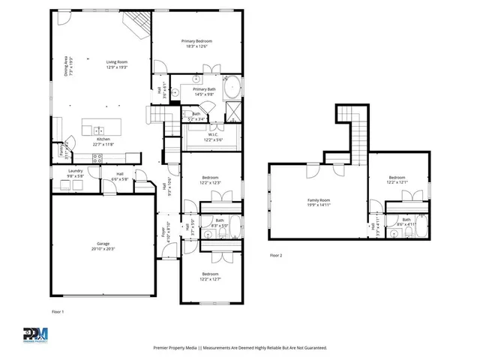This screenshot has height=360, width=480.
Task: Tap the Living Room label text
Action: point(116,63)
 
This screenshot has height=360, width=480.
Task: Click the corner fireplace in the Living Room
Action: point(137,23)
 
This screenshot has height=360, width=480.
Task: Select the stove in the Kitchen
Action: point(97,157)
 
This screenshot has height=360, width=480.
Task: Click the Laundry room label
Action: point(75,171)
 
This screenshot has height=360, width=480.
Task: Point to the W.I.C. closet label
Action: point(213,135)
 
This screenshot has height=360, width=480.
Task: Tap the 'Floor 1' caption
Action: point(58,310)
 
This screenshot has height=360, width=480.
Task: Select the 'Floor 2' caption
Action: point(276,256)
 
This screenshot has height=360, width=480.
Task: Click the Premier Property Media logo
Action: point(36,336)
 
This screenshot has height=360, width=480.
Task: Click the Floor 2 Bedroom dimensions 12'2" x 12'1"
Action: point(397,182)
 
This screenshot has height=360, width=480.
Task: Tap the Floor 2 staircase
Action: point(353,135)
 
